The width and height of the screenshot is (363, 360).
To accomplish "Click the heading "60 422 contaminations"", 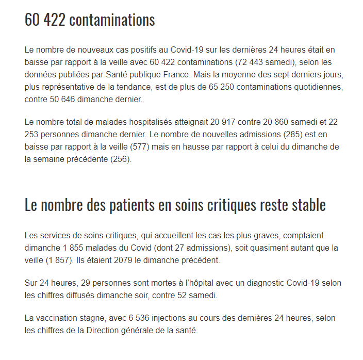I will (x=90, y=20).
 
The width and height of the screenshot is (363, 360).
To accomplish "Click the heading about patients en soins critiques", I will (x=175, y=205).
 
